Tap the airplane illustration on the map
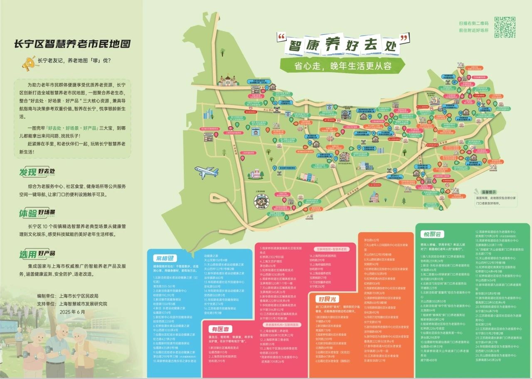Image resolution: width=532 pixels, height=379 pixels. click(207, 171)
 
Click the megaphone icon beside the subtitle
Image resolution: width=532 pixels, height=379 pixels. click(28, 64)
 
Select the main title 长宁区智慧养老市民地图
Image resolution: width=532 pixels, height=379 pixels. click(72, 44)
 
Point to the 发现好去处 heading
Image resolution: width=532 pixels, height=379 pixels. click(37, 172)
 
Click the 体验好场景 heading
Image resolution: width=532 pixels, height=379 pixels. click(37, 213)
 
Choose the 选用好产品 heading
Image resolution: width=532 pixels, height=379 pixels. click(37, 254)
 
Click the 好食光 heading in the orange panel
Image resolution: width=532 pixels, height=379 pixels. click(327, 299)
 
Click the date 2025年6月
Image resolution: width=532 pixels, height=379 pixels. click(72, 311)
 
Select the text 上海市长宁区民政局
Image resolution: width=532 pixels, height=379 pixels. click(79, 296)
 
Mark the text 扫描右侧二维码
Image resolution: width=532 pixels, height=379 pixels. click(474, 23)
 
